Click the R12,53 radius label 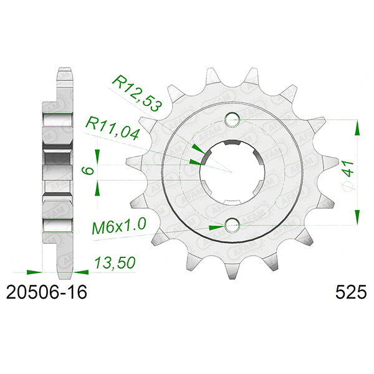[x=137, y=93]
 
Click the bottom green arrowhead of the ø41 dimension [x=357, y=216]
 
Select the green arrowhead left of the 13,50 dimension [x=33, y=272]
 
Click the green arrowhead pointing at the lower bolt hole [x=214, y=227]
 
